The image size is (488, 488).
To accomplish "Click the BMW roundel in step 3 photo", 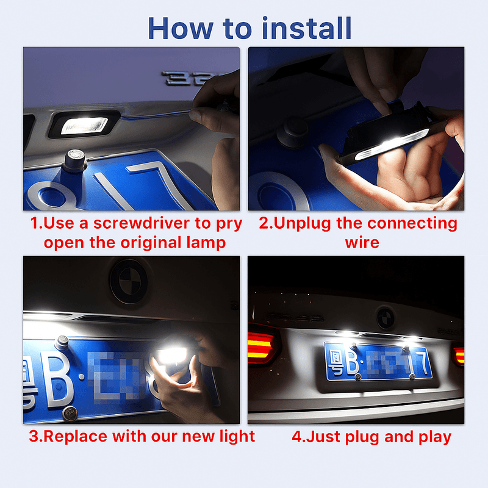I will (x=128, y=281).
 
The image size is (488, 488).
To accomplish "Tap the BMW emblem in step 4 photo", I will (x=385, y=317).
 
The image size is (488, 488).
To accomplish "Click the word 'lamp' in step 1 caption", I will (x=204, y=242).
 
